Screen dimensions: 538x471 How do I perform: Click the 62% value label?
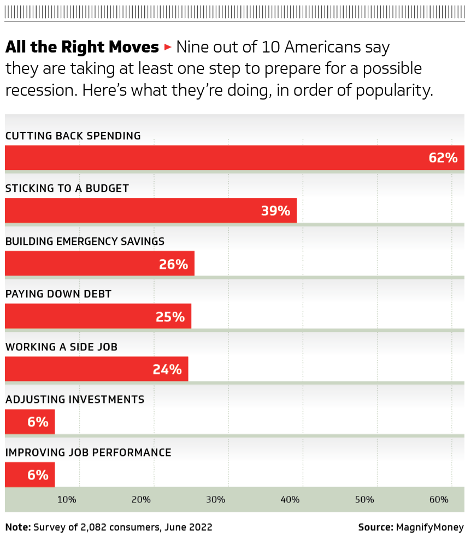coord(443,158)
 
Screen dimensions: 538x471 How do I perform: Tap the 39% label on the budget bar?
coord(275,210)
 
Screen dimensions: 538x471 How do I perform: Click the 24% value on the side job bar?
coord(167,369)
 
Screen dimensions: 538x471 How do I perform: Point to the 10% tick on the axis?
coord(67,500)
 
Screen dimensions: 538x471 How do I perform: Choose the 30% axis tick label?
coord(216,500)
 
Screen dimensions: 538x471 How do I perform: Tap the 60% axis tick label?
coord(439,500)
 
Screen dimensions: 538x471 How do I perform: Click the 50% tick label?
coord(364,500)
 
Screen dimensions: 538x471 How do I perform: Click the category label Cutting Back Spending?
coord(73,136)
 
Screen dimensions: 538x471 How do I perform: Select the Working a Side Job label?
coord(61,347)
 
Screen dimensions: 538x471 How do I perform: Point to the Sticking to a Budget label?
coord(67,189)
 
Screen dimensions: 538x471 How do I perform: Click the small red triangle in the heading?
coord(168,48)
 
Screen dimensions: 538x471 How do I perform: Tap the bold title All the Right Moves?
coord(82,48)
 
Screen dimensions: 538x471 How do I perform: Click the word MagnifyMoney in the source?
coord(430,528)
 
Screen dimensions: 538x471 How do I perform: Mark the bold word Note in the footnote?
coord(17,528)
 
